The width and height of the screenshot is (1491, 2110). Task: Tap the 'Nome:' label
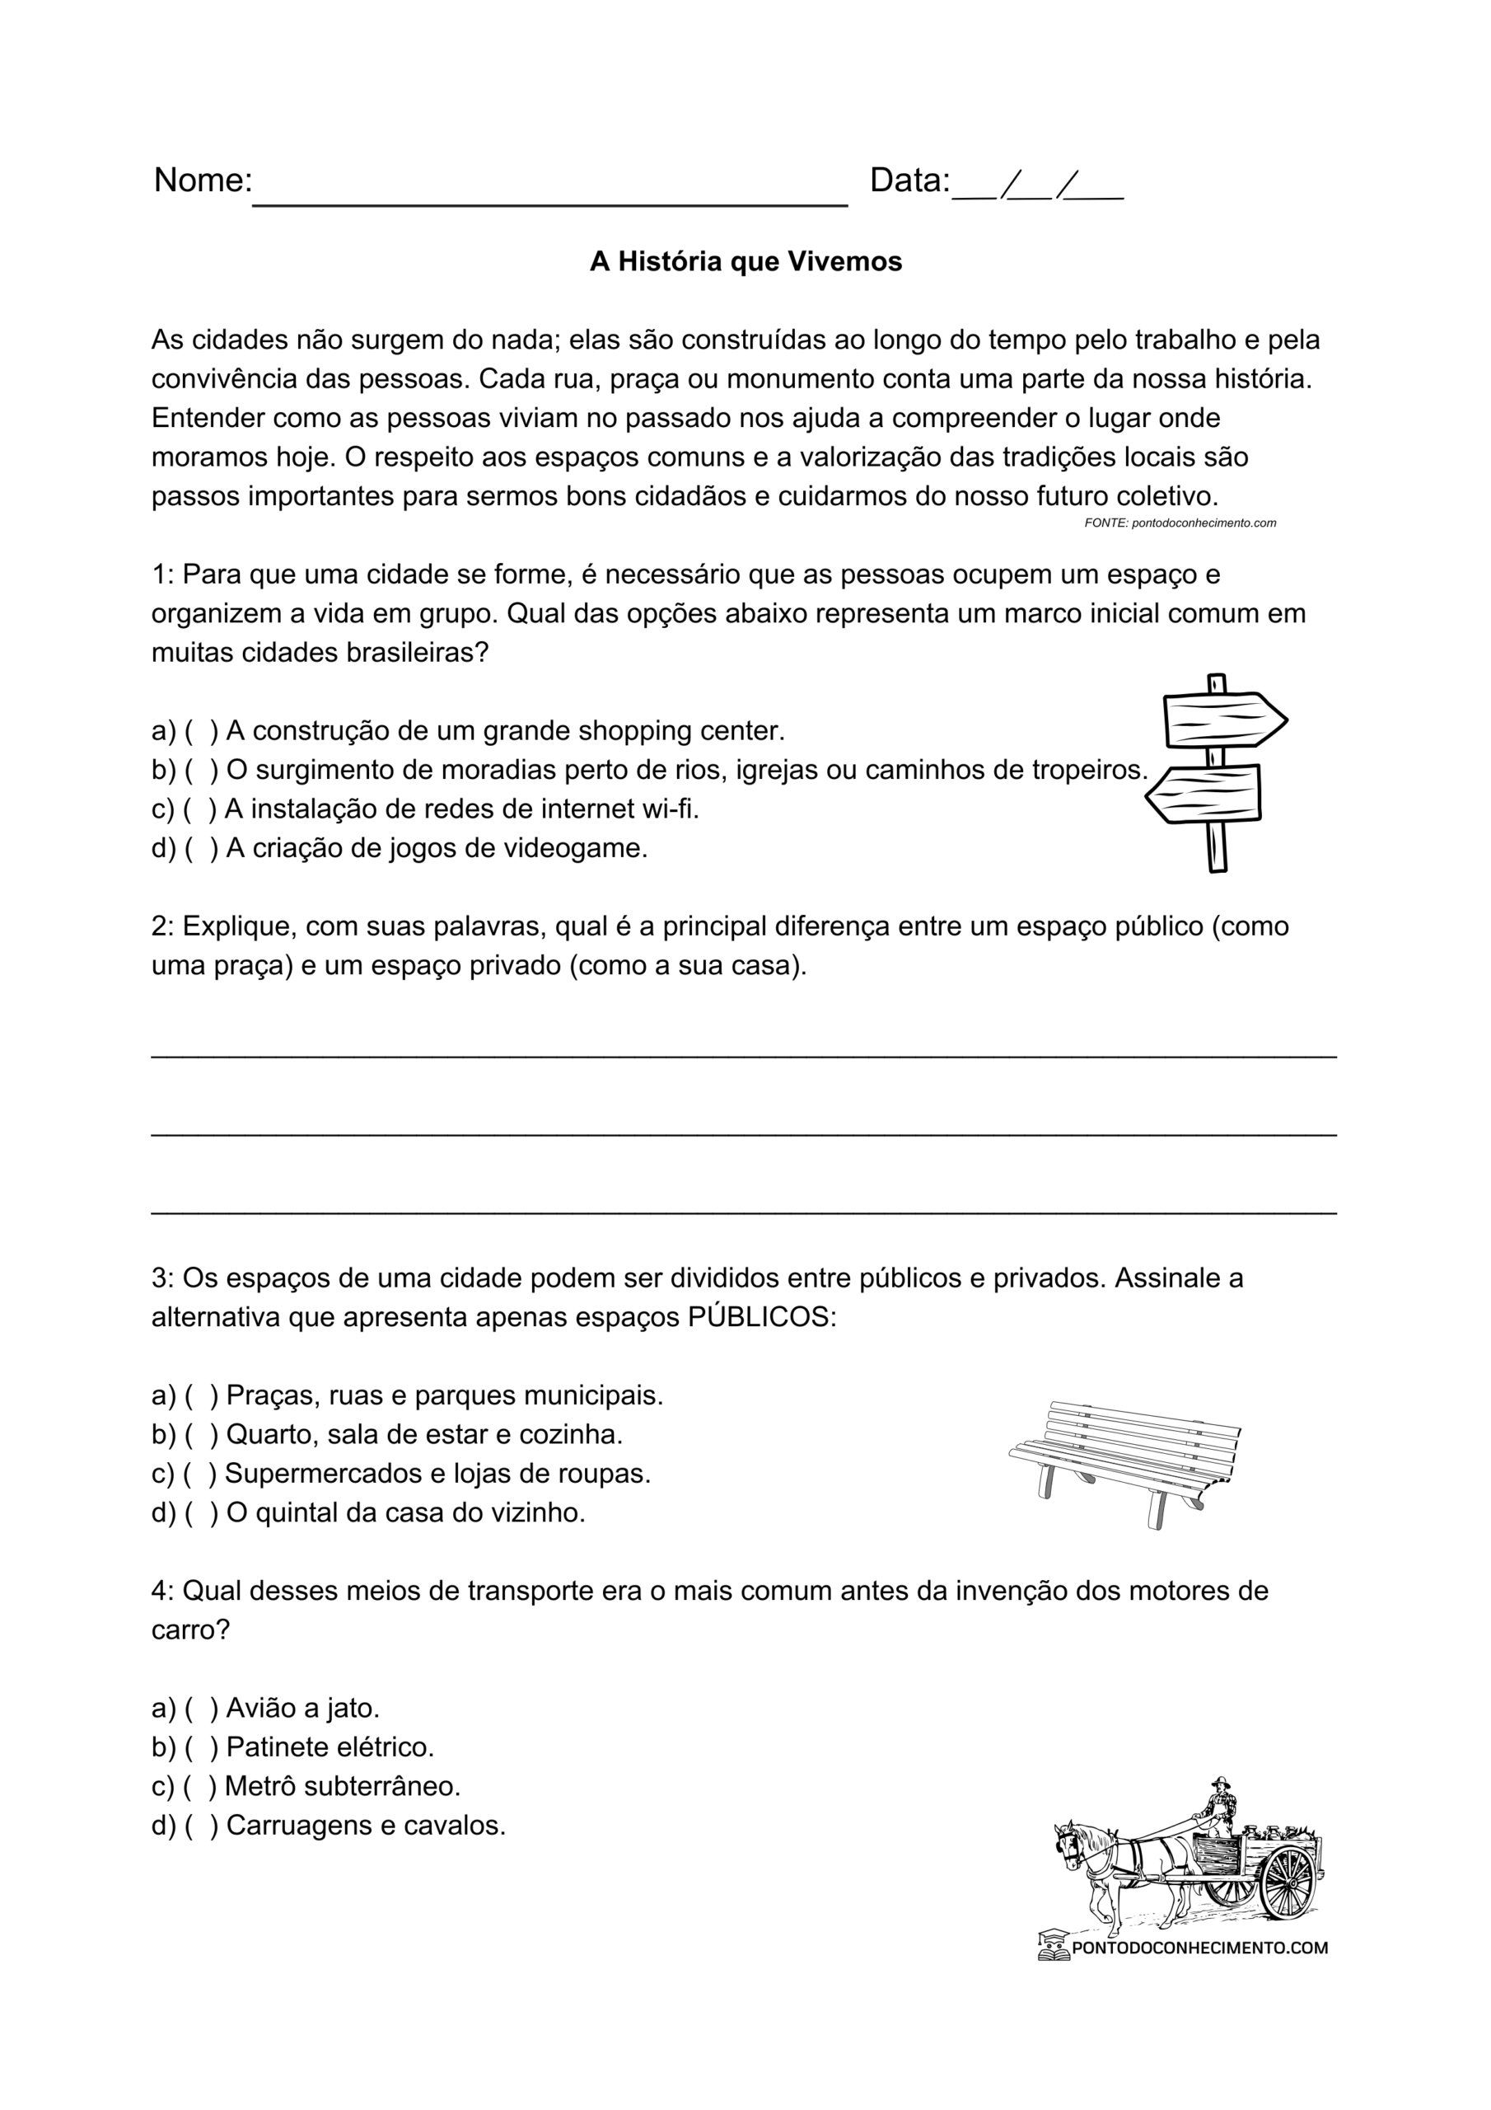pos(202,181)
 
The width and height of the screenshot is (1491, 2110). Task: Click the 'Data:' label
pos(909,181)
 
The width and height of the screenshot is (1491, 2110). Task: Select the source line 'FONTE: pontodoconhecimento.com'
pos(1180,523)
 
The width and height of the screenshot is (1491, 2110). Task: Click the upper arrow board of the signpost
pos(1222,720)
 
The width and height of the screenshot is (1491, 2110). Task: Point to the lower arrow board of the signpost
pos(1204,794)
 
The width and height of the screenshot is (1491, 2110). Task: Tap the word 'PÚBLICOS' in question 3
pos(758,1318)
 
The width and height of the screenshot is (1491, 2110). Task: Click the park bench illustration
pos(1124,1461)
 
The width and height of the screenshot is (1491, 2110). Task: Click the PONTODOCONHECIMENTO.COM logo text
pos(1199,1948)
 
